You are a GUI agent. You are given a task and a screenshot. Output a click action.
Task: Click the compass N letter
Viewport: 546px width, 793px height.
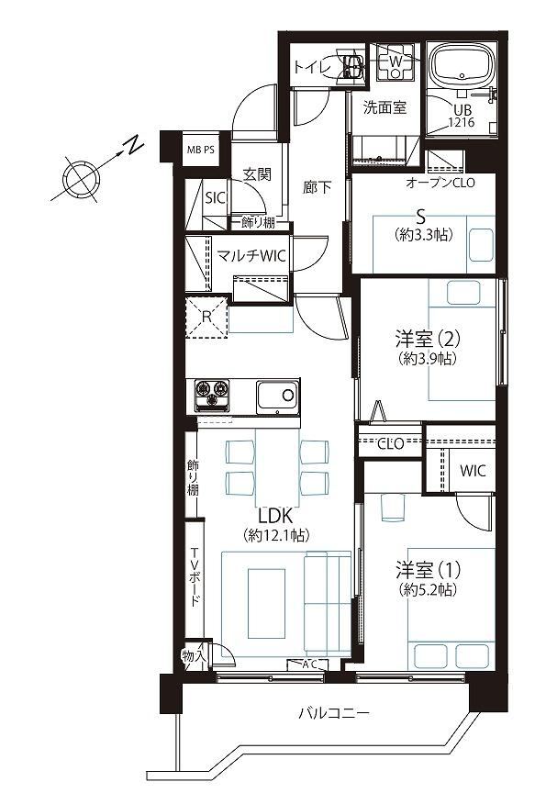[133, 145]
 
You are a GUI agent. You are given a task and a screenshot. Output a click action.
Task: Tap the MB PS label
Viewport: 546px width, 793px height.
[201, 150]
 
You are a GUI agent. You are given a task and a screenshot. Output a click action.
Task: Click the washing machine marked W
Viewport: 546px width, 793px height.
[396, 61]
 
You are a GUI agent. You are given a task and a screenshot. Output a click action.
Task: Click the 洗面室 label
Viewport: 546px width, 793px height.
[384, 107]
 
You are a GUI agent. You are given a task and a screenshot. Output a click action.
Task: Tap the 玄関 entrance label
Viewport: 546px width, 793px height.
[257, 174]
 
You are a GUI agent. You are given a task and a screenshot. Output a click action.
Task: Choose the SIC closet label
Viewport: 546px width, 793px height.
[216, 197]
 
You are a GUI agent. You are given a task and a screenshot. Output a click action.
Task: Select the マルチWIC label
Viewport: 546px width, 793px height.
[251, 255]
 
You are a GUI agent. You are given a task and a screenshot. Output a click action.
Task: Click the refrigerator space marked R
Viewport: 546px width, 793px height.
[206, 317]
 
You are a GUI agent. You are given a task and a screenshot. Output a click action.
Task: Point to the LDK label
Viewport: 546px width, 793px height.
[275, 517]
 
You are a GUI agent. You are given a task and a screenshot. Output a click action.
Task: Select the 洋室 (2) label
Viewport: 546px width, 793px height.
[428, 338]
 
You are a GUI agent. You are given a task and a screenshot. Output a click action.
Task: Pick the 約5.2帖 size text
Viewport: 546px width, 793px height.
[428, 589]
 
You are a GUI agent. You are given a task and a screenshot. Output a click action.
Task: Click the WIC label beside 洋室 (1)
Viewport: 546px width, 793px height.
[473, 471]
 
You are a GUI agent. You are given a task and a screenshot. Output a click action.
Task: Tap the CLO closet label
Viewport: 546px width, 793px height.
[391, 444]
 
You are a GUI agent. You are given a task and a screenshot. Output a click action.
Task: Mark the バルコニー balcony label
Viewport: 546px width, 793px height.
[334, 713]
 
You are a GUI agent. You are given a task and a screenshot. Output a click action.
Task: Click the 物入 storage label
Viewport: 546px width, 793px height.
[195, 656]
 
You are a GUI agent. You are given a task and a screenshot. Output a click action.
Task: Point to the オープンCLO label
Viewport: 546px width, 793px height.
[440, 183]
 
